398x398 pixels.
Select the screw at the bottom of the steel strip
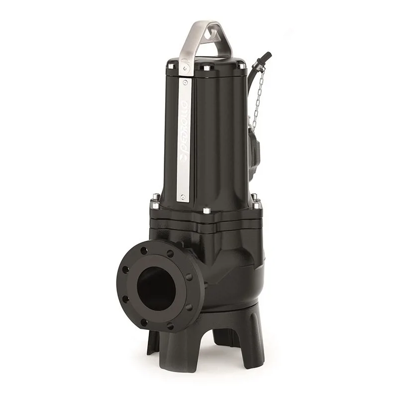pos(184,197)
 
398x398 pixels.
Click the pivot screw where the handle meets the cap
pos(185,66)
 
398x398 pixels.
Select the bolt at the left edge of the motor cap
pos(171,66)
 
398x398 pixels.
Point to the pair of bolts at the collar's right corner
pos(256,201)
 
